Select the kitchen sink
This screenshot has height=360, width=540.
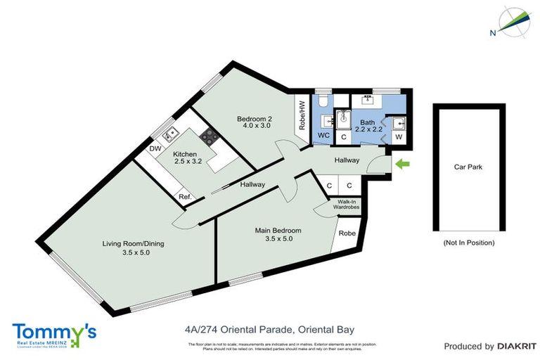(169, 134)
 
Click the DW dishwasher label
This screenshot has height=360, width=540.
(154, 149)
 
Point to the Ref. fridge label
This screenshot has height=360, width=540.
(185, 197)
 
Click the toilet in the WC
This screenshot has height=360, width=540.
(323, 103)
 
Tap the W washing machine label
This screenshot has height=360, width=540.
(399, 137)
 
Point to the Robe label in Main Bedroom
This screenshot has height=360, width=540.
(346, 233)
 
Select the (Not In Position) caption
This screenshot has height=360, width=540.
(469, 243)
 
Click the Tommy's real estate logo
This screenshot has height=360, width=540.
(54, 332)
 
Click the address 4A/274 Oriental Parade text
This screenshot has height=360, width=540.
(269, 328)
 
